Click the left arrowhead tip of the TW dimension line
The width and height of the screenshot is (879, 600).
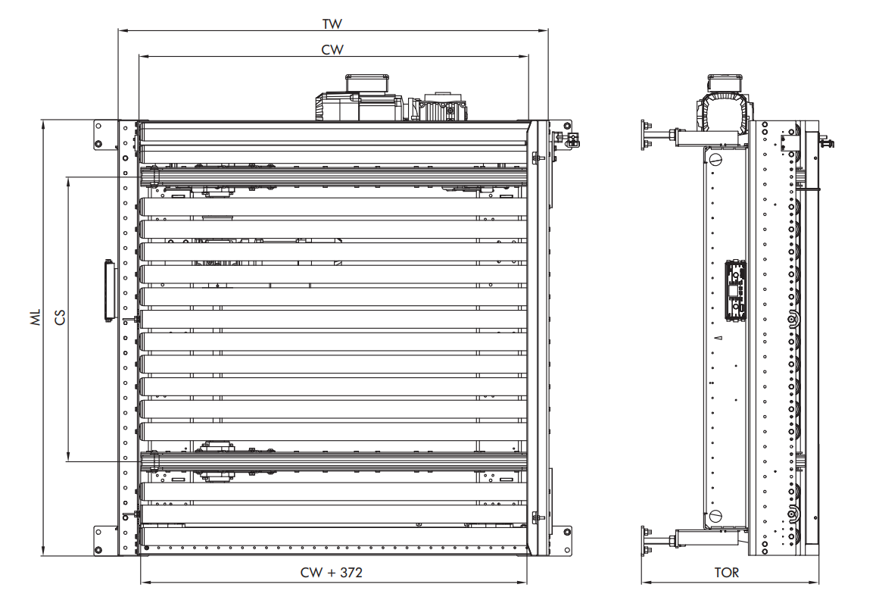click(x=118, y=30)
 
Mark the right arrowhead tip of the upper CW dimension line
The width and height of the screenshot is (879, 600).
click(x=528, y=57)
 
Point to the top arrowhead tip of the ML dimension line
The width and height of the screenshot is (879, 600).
click(x=44, y=120)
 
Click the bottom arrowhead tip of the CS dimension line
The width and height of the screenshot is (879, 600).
click(x=68, y=461)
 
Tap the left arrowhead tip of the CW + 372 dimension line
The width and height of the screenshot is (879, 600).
click(x=141, y=582)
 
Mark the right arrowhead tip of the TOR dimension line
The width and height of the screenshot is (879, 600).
click(x=818, y=582)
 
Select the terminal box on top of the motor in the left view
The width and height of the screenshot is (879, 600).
click(x=366, y=83)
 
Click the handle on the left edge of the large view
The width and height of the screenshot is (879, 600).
click(x=108, y=290)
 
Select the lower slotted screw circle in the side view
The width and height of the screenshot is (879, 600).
click(x=715, y=514)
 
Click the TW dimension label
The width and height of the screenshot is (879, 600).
click(x=332, y=24)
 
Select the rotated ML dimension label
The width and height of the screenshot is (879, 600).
click(x=36, y=317)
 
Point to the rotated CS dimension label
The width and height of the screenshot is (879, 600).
click(x=59, y=317)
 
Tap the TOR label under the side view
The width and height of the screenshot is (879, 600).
click(x=727, y=573)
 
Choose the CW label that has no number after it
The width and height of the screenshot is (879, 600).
click(x=332, y=50)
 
